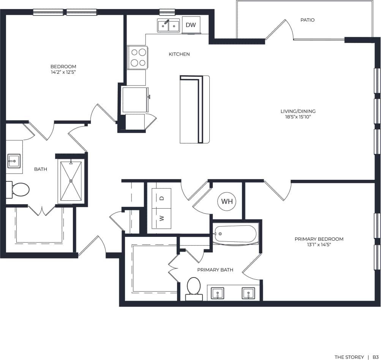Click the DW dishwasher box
tap(191, 25)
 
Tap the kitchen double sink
tap(169, 25)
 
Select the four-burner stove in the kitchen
tap(137, 57)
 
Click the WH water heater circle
tap(227, 201)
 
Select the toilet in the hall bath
tap(19, 189)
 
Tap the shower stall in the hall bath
tap(71, 181)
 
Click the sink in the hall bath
tap(14, 161)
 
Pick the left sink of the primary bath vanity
tap(218, 293)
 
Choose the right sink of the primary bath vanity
tap(248, 293)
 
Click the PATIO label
tap(307, 20)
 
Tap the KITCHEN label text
tap(179, 54)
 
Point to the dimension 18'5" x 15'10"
tap(298, 117)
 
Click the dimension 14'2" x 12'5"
tap(63, 72)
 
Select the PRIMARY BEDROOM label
tap(319, 239)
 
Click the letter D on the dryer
tap(161, 198)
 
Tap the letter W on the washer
tap(161, 218)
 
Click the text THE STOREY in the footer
tap(349, 357)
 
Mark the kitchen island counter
tap(194, 109)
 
